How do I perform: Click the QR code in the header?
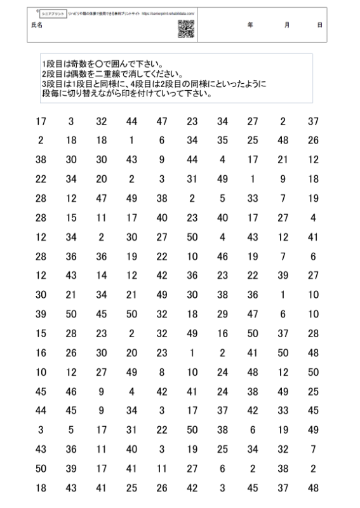[x=185, y=29]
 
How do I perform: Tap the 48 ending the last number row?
[x=312, y=488]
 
